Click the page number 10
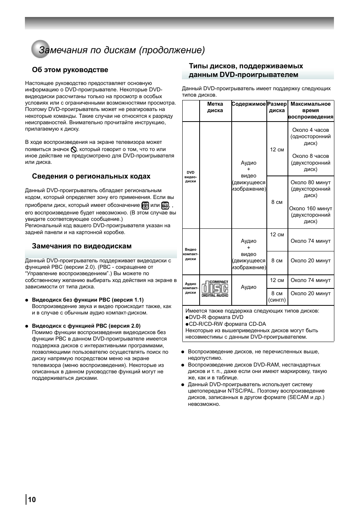[x=32, y=500]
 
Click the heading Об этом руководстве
[x=70, y=70]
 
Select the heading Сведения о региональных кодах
[x=91, y=176]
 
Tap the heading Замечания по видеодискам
[x=82, y=246]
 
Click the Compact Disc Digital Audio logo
[x=215, y=289]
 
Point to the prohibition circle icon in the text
[x=74, y=149]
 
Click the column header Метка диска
[x=215, y=107]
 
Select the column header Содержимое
[x=249, y=104]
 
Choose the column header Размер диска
[x=277, y=107]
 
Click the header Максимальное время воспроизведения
[x=311, y=110]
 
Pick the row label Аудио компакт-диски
[x=191, y=288]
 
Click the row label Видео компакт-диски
[x=191, y=254]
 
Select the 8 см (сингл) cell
[x=277, y=297]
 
